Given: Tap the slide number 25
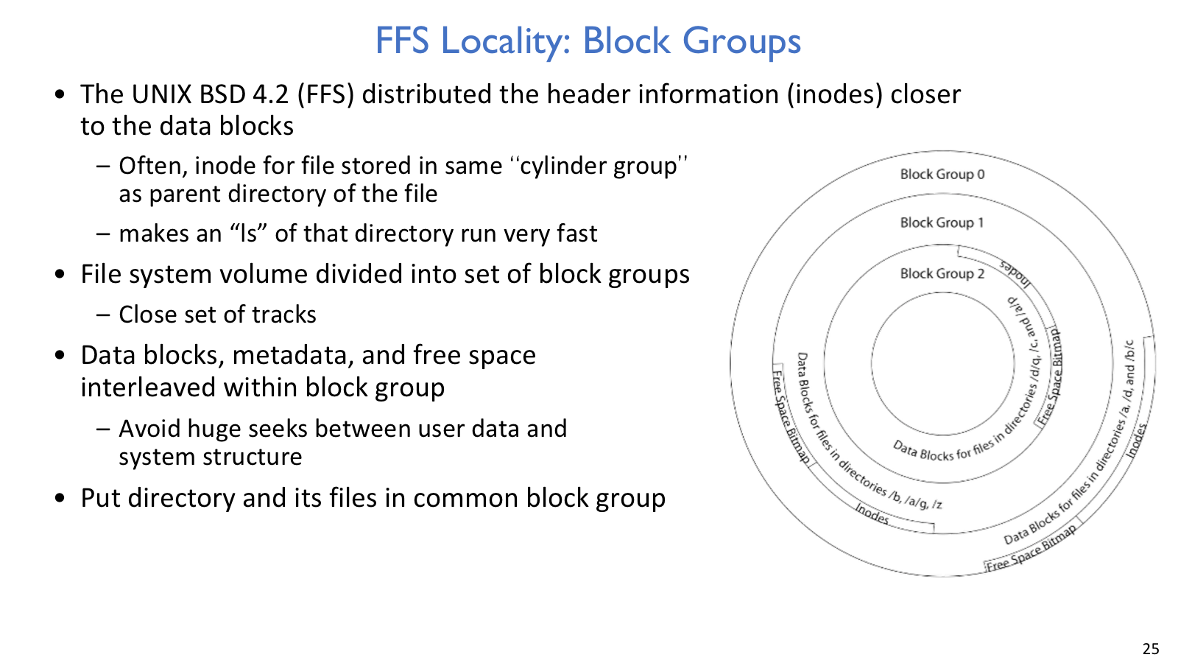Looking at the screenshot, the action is coord(1151,649).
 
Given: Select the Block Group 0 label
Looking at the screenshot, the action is coord(942,174).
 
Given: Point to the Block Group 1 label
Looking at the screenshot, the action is coord(942,222).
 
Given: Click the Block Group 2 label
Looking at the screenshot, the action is coord(942,273).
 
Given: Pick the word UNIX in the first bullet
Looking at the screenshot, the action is coord(161,95).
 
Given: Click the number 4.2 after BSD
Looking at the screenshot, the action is coord(270,95).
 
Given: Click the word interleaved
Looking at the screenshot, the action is coord(149,387).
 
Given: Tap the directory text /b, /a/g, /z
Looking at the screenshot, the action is coord(916,500).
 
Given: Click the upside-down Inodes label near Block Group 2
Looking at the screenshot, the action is coord(1016,273).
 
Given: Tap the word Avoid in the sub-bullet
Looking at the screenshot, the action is coord(150,428).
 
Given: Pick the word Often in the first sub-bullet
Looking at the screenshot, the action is coord(153,166).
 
